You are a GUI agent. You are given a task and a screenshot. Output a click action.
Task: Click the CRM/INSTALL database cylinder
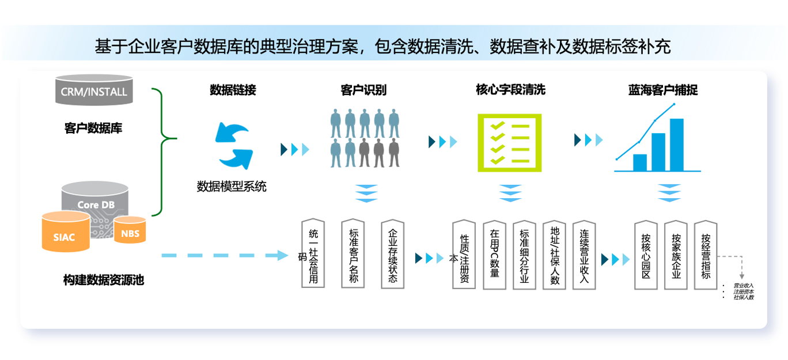94,91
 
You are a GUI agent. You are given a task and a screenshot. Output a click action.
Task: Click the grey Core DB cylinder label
96,204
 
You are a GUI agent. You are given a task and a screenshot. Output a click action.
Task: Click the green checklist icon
509,142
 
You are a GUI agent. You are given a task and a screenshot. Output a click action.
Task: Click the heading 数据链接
233,90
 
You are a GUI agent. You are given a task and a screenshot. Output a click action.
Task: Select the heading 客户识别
363,90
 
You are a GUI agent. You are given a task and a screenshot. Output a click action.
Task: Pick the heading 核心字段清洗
510,90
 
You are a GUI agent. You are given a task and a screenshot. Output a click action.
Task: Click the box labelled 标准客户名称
353,254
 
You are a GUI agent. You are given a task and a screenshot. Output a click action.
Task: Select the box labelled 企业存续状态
392,254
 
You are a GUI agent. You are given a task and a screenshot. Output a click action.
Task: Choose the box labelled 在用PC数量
494,254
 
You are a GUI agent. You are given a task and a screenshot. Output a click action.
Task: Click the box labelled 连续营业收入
584,254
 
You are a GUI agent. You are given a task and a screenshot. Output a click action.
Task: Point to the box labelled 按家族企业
676,254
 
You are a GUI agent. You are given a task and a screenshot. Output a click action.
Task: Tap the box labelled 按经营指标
706,254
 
